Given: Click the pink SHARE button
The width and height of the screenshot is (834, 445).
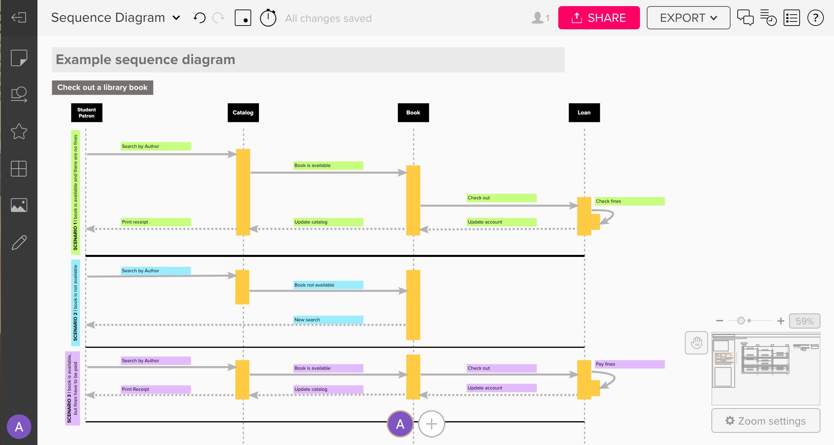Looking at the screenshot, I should (x=598, y=18).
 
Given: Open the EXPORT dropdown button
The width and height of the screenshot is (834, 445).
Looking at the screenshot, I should (x=688, y=18).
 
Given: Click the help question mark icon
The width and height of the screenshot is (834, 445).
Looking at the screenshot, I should (x=815, y=18).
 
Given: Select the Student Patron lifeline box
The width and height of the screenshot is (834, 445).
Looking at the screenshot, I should (x=86, y=113).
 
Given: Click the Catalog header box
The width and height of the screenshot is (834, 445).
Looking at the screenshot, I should (x=243, y=113).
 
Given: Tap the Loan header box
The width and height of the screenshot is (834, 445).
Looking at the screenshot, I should (x=584, y=113).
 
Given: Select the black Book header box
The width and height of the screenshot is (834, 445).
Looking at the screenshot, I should (x=413, y=113).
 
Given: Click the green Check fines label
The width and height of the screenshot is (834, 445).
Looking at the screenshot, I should (x=629, y=201).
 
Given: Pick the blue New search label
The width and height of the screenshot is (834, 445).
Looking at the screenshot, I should (x=328, y=320).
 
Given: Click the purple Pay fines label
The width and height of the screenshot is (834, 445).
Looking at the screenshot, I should (x=629, y=364).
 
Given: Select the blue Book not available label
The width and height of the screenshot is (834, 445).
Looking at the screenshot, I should (x=328, y=285).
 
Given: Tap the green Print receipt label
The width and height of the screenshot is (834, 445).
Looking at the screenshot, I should (x=156, y=222).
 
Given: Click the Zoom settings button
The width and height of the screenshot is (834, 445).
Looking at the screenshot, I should (x=766, y=421).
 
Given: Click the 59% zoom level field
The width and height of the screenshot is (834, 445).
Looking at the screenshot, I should (x=804, y=321).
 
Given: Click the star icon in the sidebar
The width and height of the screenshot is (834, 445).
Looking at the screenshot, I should (x=19, y=132).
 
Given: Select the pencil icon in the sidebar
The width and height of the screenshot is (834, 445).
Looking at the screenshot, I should (x=19, y=242).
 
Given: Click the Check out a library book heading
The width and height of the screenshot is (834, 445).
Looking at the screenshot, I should (x=102, y=88).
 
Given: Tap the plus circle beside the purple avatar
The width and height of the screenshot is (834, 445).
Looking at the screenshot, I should (x=431, y=424).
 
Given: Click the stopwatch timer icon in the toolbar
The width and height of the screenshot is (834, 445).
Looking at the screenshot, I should (x=268, y=18).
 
